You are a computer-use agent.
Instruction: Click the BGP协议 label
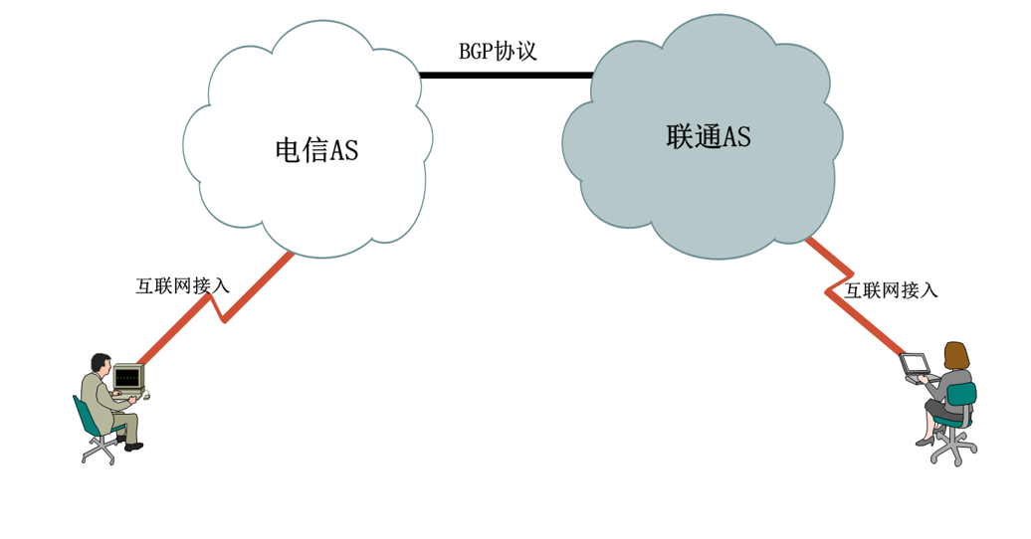coord(498,52)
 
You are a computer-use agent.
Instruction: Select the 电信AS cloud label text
coord(315,151)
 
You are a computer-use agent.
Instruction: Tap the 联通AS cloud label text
coord(708,138)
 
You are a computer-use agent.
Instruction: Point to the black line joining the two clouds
coord(506,75)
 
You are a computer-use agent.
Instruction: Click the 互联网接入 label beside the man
coord(182,286)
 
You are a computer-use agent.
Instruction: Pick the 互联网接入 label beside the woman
coord(891,290)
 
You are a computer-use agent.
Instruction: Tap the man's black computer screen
coord(127,377)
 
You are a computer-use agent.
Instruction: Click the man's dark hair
coord(100,360)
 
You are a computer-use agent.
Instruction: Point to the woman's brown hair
coord(956,355)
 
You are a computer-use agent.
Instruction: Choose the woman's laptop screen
coord(914,364)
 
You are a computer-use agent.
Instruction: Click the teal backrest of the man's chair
coord(85,416)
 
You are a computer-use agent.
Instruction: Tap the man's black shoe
coord(131,447)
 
